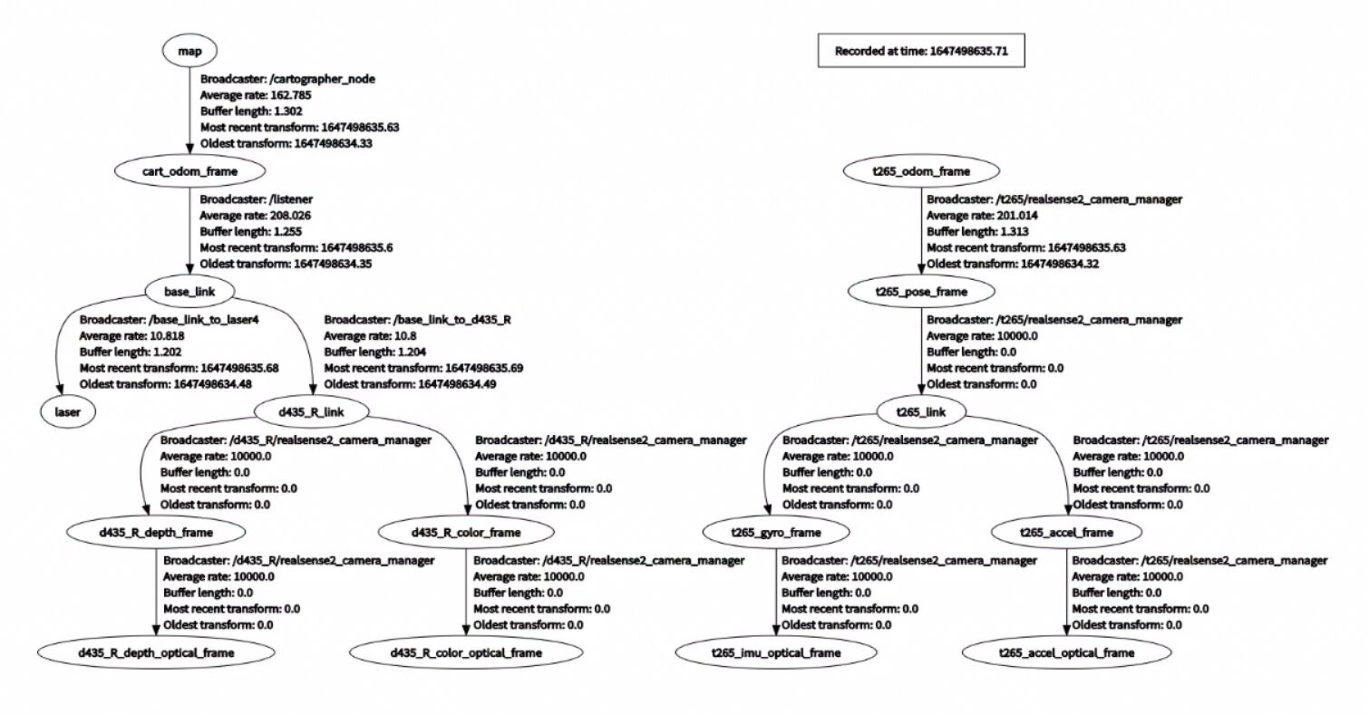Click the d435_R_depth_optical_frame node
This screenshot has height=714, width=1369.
[x=155, y=651]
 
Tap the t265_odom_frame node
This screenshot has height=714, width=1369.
[x=920, y=170]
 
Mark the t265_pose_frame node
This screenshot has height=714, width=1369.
[x=920, y=292]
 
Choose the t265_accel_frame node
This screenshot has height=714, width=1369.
[x=1066, y=531]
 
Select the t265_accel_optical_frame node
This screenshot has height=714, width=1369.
[x=1066, y=652]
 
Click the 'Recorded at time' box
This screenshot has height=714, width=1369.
[x=920, y=52]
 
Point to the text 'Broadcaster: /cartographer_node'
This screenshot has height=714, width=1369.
[x=287, y=79]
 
